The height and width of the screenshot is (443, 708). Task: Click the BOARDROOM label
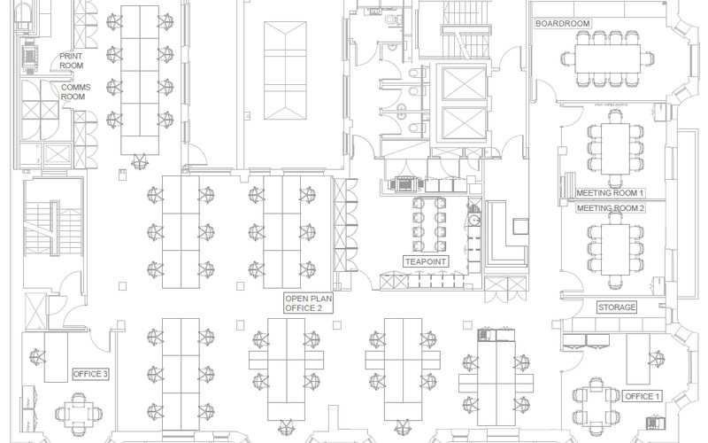click(x=563, y=24)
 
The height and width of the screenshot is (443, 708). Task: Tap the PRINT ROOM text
click(x=72, y=60)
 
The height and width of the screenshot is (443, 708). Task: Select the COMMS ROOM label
click(x=73, y=91)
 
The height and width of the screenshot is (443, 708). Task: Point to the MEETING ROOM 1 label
click(x=611, y=192)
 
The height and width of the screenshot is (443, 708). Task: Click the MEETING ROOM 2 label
click(x=611, y=208)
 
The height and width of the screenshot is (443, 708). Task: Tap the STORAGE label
click(x=617, y=307)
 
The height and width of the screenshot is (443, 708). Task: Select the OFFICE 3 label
click(x=90, y=375)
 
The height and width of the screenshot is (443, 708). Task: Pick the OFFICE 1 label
click(x=642, y=396)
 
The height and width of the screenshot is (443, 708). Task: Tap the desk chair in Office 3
click(x=38, y=356)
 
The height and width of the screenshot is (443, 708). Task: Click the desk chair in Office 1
click(x=656, y=359)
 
